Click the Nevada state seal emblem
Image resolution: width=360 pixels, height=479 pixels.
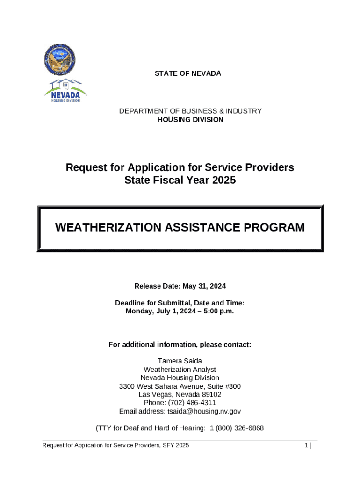coord(60,59)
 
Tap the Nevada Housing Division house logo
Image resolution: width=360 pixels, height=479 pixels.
coord(65,91)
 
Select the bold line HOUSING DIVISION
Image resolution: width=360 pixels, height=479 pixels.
coord(190,120)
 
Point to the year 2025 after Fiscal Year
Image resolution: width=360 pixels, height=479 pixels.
coord(223,180)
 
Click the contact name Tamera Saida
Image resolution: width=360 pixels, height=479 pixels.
coord(180,361)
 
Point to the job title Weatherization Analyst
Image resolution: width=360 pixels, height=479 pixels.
coord(180,370)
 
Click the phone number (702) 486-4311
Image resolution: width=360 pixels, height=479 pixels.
coord(193,403)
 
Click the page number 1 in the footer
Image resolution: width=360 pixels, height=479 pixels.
coord(306,446)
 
